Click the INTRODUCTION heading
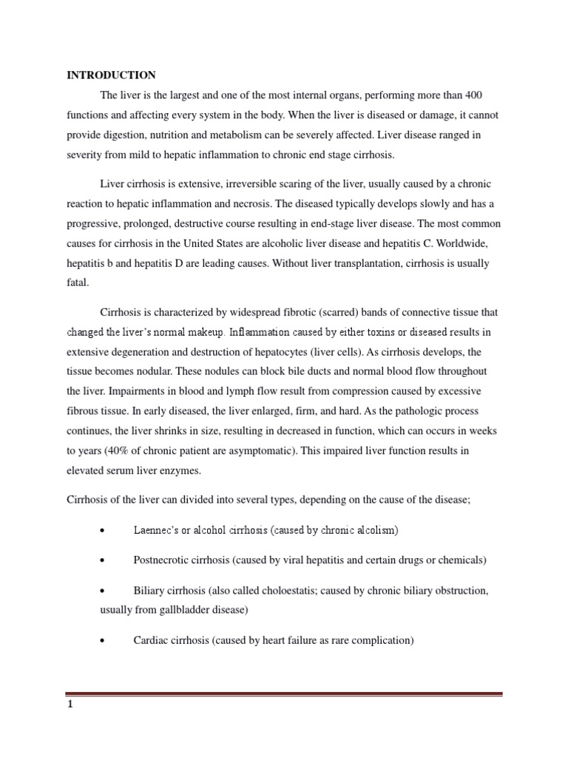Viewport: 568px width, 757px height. click(111, 75)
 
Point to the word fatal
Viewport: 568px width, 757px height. click(77, 283)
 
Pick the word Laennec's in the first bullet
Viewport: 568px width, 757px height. click(160, 530)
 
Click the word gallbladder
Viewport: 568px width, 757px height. click(183, 610)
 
